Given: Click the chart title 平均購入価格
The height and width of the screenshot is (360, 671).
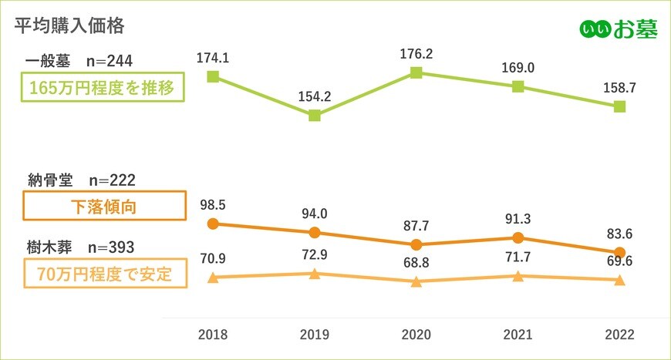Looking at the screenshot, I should point(69,25).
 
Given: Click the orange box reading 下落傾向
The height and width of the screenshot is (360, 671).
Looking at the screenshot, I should point(104,206).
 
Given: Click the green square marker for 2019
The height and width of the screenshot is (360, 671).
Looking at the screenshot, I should point(315,116).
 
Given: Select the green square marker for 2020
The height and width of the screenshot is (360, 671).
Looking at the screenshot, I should point(416,72).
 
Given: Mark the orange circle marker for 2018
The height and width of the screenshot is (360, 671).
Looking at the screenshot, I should point(214,224).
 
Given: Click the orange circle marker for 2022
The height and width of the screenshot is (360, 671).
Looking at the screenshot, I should point(619,252).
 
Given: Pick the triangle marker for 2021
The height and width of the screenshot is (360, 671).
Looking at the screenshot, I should point(518,276).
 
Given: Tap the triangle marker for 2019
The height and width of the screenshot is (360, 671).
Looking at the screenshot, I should point(315,274).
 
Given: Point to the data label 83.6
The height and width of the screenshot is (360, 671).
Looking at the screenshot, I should point(619,234).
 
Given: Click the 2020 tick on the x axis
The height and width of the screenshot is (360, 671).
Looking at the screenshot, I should point(416,335).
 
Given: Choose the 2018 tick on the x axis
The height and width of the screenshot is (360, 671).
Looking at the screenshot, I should point(214,335).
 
